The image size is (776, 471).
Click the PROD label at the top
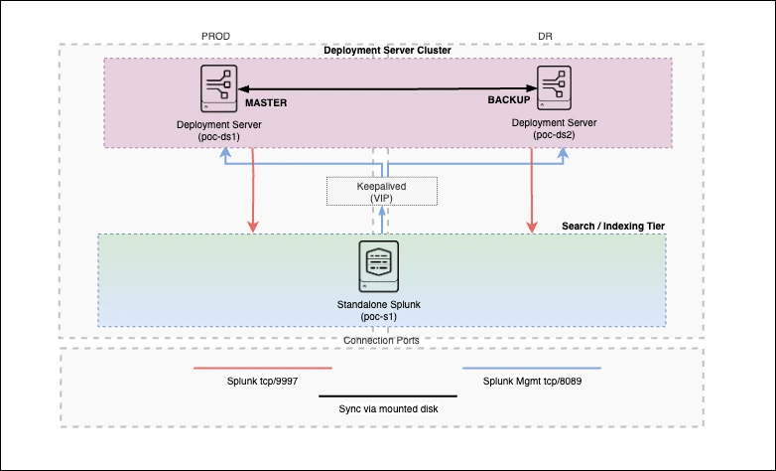(215, 36)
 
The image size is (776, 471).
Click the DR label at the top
(546, 36)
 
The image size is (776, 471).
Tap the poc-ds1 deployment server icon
(215, 88)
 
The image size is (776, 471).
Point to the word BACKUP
(509, 100)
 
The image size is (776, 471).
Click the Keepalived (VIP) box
(382, 192)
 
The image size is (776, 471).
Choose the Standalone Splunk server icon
(378, 266)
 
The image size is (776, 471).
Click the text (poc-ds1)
(215, 135)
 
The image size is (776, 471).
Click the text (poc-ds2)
(553, 135)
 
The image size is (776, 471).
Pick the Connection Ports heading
(381, 340)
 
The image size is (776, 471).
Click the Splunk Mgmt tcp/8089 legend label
(531, 381)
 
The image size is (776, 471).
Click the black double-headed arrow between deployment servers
(387, 89)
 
